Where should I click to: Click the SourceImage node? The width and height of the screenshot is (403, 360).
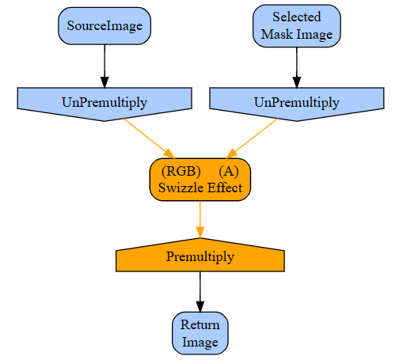tap(105, 26)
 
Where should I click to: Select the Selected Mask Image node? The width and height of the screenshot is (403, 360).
tap(297, 26)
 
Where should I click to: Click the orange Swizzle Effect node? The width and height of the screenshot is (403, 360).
tap(200, 180)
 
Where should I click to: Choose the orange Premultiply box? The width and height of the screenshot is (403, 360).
tap(200, 255)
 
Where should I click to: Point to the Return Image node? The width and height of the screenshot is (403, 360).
tap(200, 333)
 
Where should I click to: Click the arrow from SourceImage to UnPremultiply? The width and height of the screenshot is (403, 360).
tap(105, 66)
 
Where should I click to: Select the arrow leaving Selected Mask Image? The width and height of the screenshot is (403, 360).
tap(297, 67)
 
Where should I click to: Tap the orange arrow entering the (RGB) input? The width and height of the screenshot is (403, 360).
tap(149, 138)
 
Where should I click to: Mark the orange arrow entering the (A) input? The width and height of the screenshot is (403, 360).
tap(252, 138)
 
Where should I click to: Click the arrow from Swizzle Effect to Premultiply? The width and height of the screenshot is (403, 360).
tap(200, 220)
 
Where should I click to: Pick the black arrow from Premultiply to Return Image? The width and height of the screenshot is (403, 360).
tap(200, 292)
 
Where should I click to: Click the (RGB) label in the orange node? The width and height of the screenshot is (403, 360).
tap(181, 171)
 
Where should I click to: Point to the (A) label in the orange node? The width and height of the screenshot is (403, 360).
tap(229, 171)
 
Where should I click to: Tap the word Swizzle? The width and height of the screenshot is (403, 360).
tap(181, 188)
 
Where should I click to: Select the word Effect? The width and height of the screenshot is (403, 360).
tap(225, 188)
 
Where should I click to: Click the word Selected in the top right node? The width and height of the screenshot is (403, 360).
tap(297, 17)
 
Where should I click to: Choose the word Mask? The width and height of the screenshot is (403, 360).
tap(277, 34)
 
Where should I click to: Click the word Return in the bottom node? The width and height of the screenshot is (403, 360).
tap(200, 324)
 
